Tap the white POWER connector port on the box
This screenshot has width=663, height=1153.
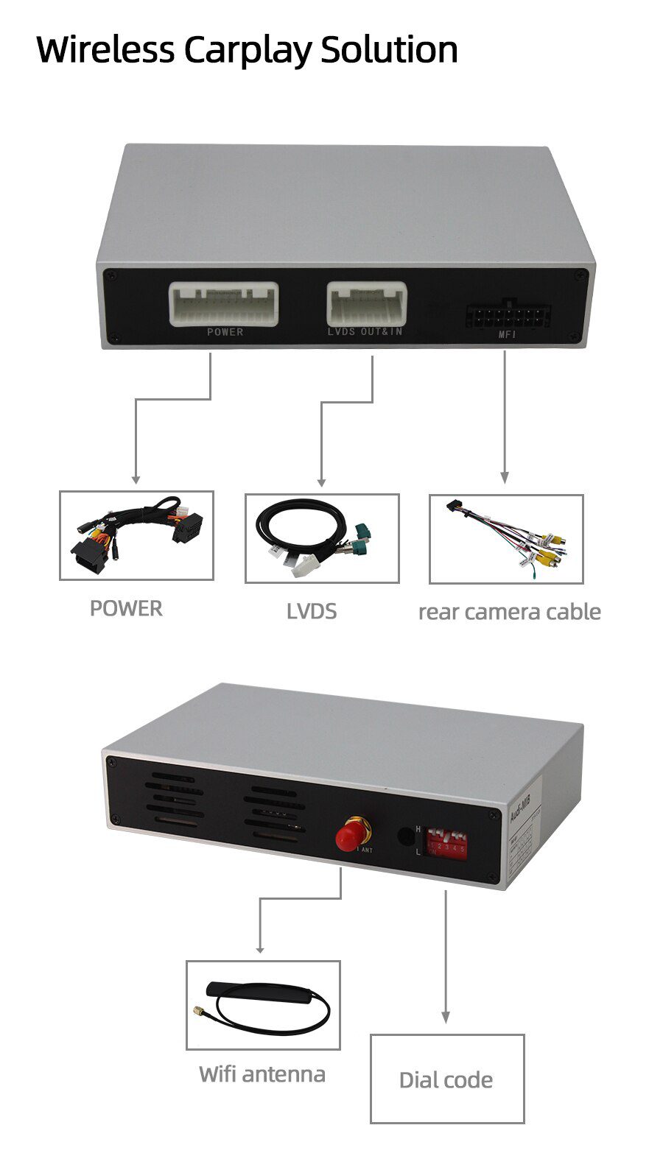coord(224,303)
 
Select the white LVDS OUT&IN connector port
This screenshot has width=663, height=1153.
coord(366,303)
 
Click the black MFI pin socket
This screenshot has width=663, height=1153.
coord(508,317)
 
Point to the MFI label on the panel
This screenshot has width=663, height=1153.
coord(508,336)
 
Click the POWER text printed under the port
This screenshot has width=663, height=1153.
coord(225,332)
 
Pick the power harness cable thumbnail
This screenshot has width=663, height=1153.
coord(136,535)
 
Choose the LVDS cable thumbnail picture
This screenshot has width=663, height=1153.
coord(322,538)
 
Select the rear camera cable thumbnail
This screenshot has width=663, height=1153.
coord(506,539)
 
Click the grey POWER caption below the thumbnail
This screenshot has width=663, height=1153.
coord(126,608)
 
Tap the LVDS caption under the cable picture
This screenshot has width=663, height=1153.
coord(312,611)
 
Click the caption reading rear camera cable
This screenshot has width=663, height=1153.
coord(509,612)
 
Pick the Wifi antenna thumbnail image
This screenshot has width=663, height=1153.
coord(263,1004)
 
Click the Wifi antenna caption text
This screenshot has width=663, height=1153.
coord(262,1074)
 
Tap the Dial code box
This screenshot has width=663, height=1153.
coord(446,1079)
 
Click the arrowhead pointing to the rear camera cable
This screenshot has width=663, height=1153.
coord(505,478)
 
